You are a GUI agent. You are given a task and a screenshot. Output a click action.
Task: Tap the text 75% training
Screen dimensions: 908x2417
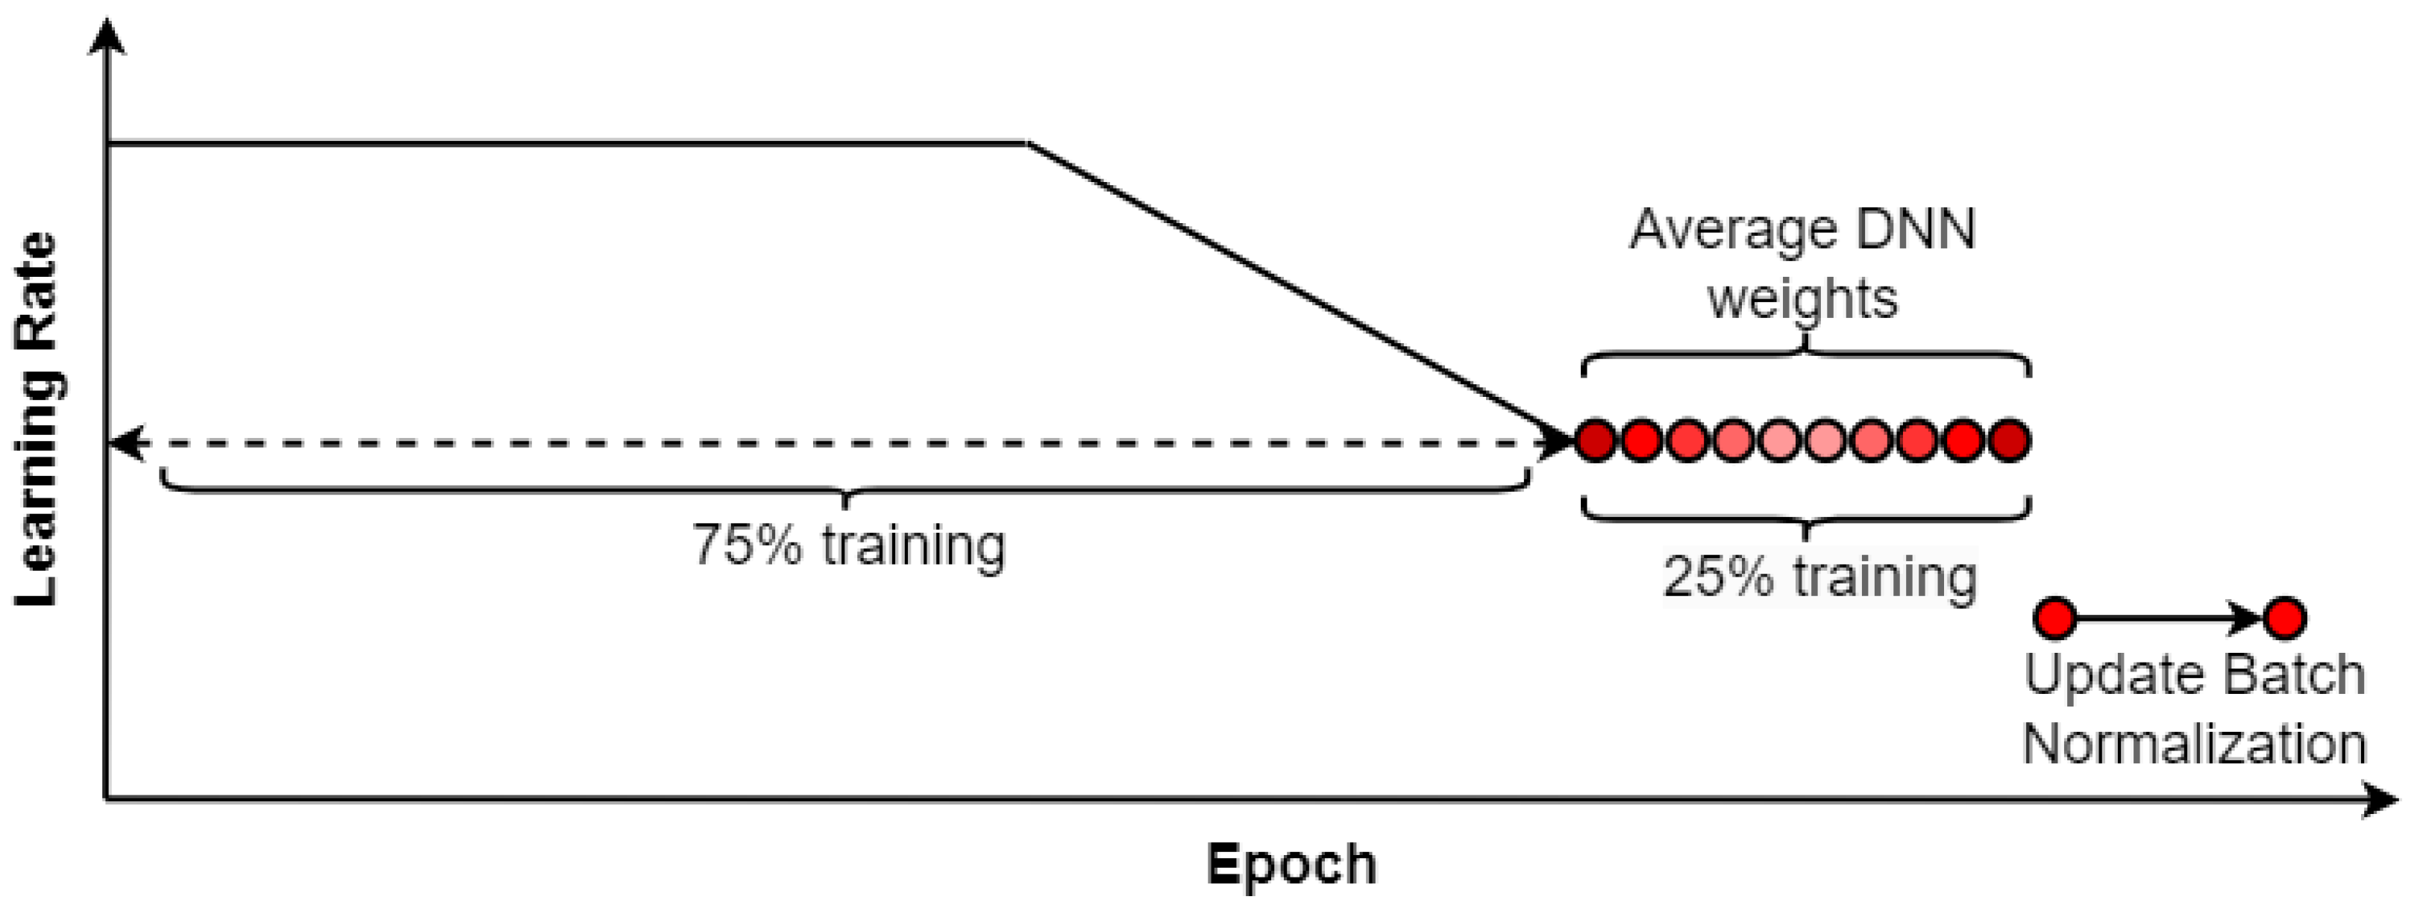click(x=848, y=545)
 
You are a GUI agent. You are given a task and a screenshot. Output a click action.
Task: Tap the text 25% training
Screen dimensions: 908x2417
click(x=1819, y=576)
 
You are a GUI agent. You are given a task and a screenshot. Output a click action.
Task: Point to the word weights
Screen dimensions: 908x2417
click(x=1802, y=299)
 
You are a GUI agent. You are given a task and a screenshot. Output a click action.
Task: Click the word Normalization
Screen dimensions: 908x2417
click(x=2194, y=744)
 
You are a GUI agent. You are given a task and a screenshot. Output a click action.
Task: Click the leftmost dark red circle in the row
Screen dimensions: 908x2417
click(x=1595, y=440)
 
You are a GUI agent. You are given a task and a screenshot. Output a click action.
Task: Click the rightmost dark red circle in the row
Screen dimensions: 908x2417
click(x=2009, y=440)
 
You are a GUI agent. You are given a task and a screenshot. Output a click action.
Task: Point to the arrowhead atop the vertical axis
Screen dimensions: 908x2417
click(x=110, y=37)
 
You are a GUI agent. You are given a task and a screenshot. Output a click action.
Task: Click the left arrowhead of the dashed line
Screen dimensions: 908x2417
click(x=127, y=442)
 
